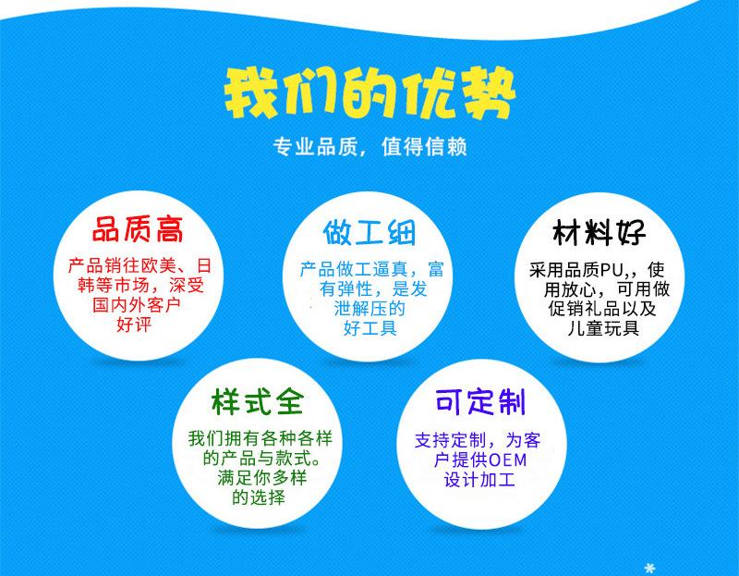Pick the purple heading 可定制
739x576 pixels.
(480, 403)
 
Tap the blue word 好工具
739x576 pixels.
(369, 328)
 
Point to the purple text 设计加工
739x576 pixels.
(480, 481)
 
